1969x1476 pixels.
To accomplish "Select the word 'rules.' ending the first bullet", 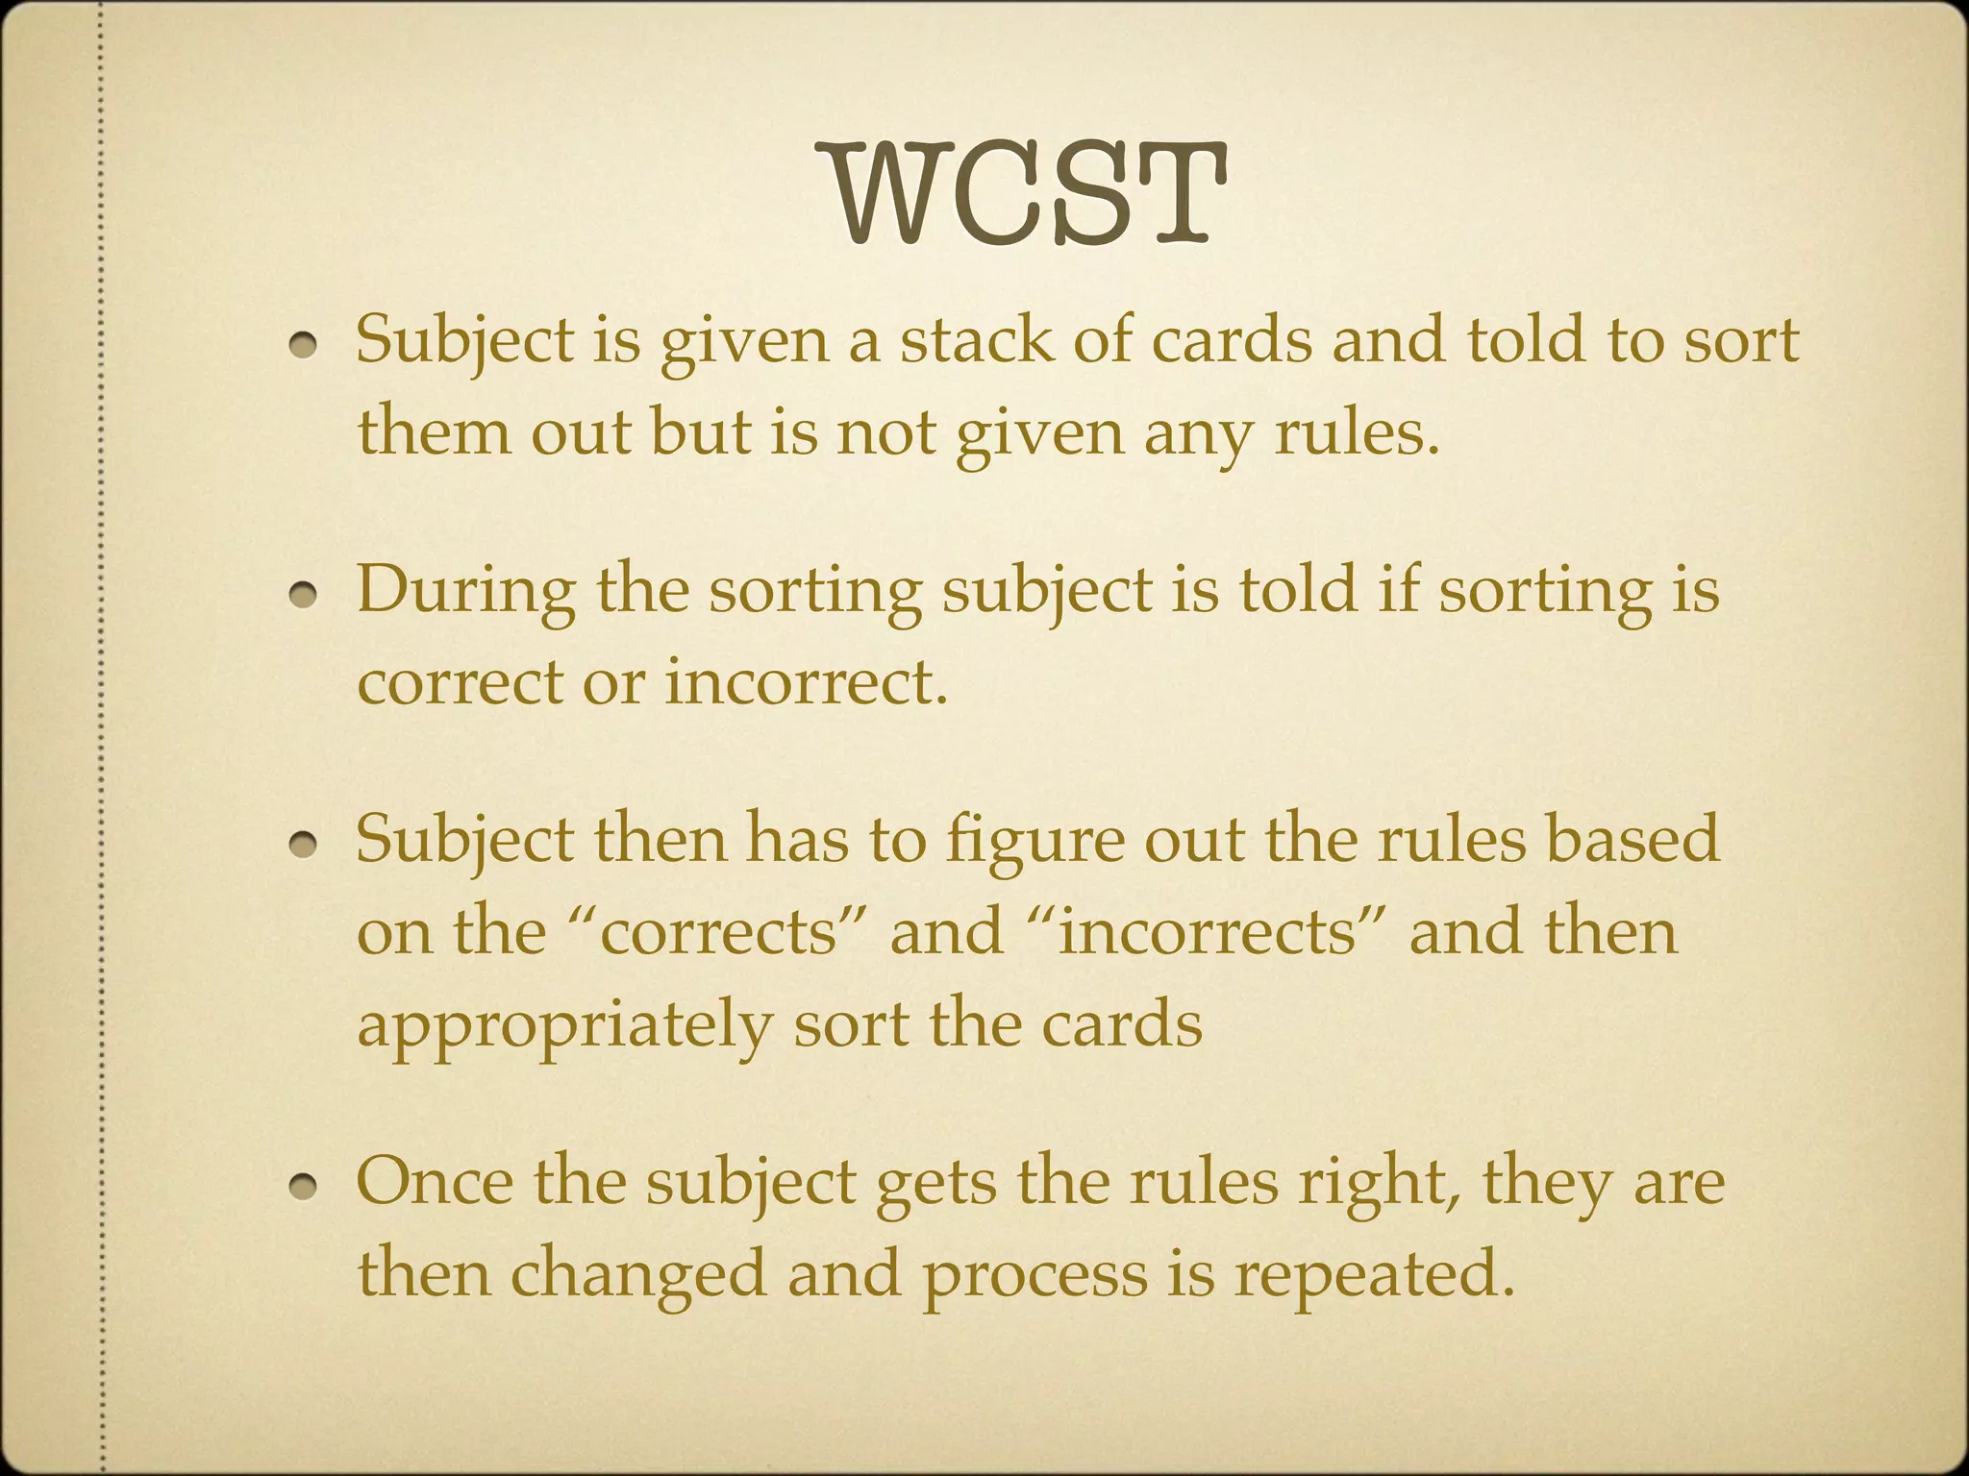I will click(x=1357, y=432).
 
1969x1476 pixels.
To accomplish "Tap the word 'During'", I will click(x=465, y=590).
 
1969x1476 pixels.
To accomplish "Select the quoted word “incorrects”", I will click(x=1206, y=931).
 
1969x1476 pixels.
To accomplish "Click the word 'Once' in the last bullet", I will click(x=435, y=1181).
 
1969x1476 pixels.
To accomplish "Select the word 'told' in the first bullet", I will click(x=1524, y=340).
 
